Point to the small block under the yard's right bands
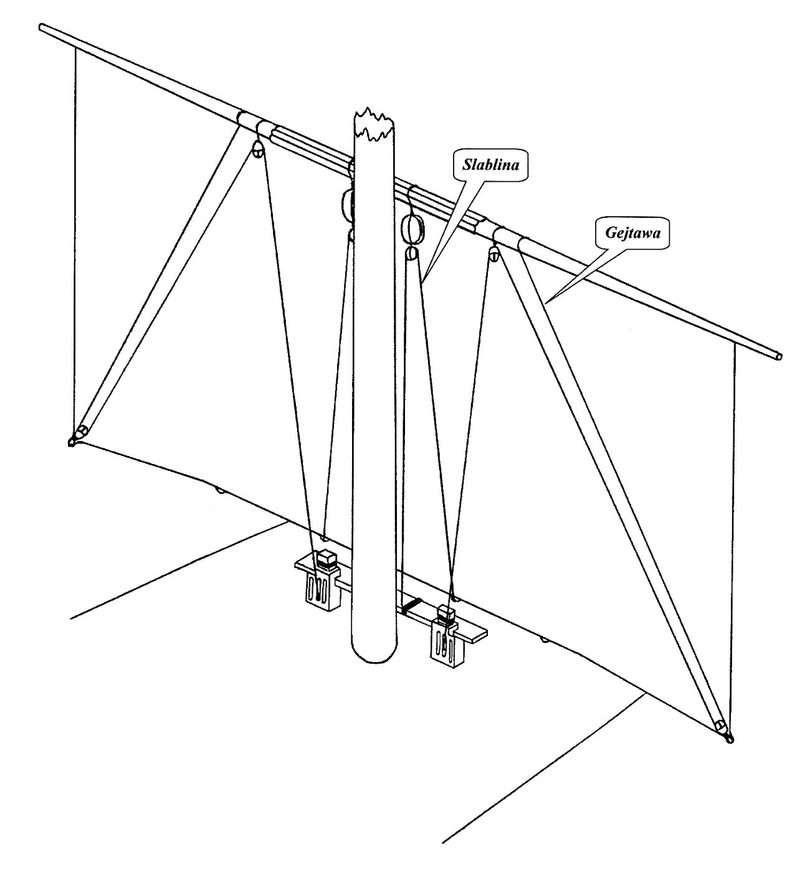494,252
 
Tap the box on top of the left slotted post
325,559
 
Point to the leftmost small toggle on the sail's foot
220,491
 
